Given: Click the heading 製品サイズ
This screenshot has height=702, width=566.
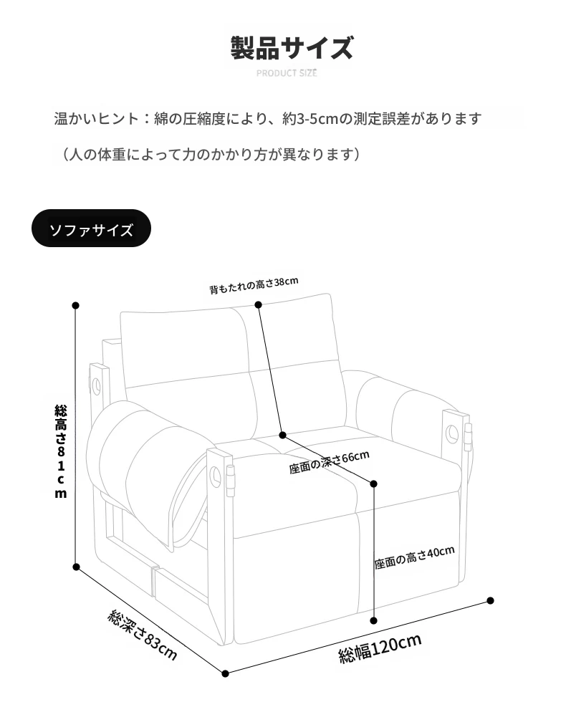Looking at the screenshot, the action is pos(292,48).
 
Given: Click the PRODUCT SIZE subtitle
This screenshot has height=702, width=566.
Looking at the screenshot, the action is pos(287,73).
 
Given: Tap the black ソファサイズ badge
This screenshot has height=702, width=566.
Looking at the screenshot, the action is pos(92,229).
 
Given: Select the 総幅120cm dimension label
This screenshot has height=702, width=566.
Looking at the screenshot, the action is pos(380,648).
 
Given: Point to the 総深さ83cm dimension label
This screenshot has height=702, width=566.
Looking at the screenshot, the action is pos(143,635).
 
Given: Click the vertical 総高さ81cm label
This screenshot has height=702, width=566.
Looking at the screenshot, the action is pos(61,451).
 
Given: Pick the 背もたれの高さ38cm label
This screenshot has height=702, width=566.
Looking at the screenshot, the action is pos(254,285).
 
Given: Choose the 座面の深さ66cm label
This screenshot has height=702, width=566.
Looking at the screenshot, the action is pos(329,463).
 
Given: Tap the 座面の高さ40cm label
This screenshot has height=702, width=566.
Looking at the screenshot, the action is pos(414,557).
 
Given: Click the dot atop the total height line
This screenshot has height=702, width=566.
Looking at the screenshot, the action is pos(76,305).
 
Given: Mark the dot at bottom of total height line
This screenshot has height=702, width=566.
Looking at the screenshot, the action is pos(76,567).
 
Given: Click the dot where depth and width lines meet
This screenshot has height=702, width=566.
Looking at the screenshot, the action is pos(225,673).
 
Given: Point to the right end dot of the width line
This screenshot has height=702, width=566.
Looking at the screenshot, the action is pos(490,600).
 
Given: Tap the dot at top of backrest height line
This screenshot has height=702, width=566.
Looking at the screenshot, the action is pos(259,304).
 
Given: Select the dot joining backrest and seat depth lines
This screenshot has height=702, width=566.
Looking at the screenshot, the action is pos(282,436).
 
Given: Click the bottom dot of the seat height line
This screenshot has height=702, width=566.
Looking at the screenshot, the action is pos(374,620).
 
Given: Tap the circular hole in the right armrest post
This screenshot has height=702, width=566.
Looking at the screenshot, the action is pos(451,434).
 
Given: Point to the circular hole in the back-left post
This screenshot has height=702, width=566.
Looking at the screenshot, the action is pos(96,385).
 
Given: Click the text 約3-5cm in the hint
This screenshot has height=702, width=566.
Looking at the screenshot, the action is pos(310,119).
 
